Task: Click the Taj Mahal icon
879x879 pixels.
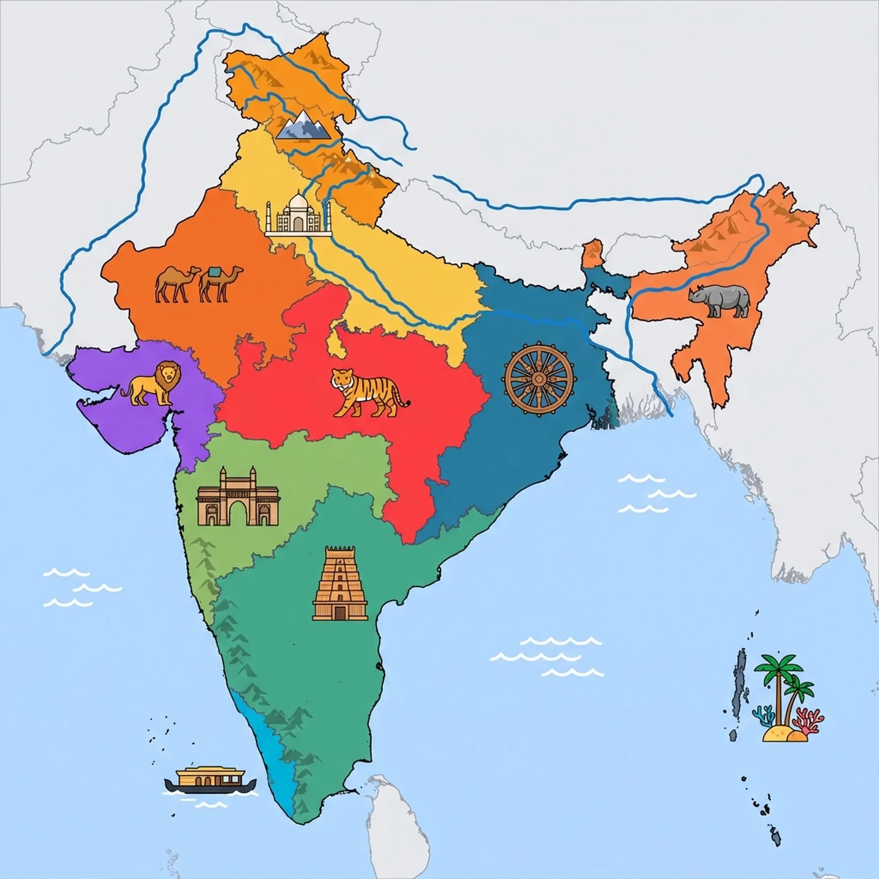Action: [x=298, y=214]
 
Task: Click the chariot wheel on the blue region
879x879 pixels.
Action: [x=539, y=379]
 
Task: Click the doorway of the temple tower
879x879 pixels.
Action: [x=340, y=612]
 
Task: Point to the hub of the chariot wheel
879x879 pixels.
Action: [x=539, y=379]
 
